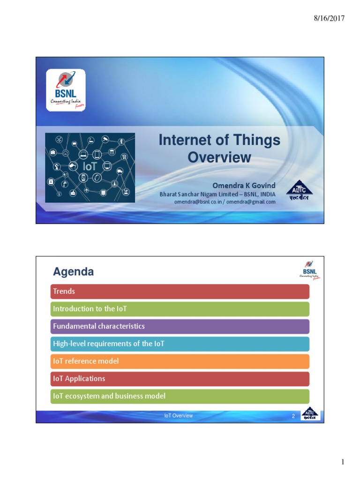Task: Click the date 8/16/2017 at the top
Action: coord(329,18)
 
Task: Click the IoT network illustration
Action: coord(90,167)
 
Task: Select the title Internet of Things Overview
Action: coord(219,148)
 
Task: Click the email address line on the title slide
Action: coord(225,202)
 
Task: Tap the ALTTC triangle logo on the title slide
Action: coord(298,191)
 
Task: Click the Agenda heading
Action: coord(73,271)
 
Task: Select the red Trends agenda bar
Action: coord(180,292)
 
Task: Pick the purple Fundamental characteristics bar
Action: coord(180,326)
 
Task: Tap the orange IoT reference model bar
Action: coord(180,361)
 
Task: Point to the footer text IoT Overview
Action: coord(178,416)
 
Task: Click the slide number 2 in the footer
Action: coord(293,416)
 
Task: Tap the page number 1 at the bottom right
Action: coord(343,463)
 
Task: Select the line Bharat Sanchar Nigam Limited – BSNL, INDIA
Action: coord(217,194)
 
